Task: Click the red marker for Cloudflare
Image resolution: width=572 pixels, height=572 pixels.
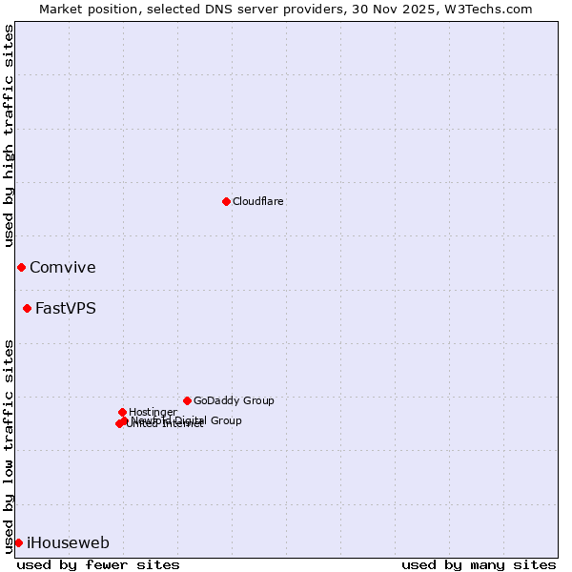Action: (x=226, y=201)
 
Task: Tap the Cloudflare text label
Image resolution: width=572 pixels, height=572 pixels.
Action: (x=258, y=202)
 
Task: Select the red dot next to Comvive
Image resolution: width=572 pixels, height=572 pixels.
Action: (x=21, y=267)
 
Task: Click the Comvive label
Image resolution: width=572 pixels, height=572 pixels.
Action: (x=63, y=268)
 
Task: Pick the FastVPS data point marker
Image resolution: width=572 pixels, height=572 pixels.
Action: (x=27, y=308)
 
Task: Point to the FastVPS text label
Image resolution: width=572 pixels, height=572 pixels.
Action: (x=66, y=309)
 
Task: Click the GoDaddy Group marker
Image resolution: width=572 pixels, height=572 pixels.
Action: (x=187, y=400)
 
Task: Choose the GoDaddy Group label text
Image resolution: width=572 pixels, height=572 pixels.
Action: (x=234, y=401)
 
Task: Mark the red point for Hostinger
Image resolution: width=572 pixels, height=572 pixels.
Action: (x=122, y=412)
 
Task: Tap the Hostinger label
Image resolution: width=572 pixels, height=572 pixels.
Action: (x=153, y=413)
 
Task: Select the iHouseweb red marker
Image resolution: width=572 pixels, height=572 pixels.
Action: (x=18, y=542)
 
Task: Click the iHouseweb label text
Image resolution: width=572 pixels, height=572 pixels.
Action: (x=68, y=543)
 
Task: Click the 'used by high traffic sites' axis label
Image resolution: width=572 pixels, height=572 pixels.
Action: (x=10, y=135)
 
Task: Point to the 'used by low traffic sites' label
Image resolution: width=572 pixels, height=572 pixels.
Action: (x=10, y=445)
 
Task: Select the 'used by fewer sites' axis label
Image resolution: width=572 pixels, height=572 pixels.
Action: (x=98, y=564)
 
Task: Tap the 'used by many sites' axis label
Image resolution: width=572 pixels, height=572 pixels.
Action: (x=479, y=564)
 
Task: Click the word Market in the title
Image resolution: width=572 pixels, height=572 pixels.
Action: (x=62, y=9)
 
